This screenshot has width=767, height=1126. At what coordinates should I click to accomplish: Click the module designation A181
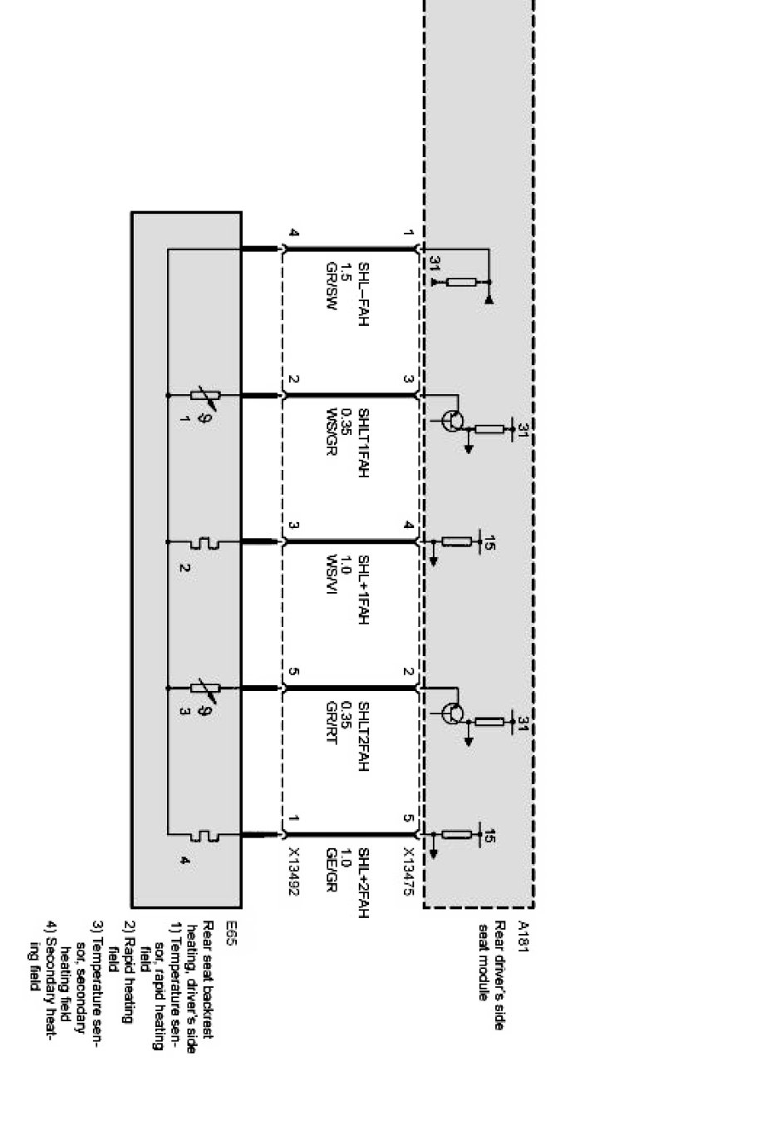524,931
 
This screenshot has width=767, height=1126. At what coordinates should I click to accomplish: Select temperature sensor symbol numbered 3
204,688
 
